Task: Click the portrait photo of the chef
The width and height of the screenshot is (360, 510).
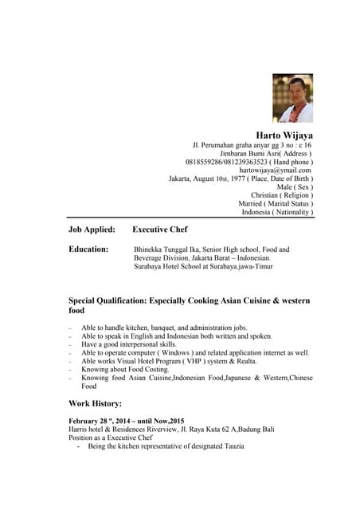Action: point(292,98)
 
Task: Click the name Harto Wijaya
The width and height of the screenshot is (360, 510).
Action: point(284,135)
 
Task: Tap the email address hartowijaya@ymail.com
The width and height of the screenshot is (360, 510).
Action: point(275,170)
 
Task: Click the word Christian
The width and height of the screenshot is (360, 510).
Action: point(264,195)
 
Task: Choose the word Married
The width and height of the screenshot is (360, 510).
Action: point(256,204)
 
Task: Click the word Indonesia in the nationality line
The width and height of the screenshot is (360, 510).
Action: point(257,213)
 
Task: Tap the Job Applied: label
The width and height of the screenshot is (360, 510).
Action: point(92,229)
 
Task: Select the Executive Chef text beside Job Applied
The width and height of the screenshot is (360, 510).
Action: point(160,229)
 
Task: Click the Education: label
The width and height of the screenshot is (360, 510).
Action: point(88,249)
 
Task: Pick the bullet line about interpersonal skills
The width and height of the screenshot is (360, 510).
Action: point(129,344)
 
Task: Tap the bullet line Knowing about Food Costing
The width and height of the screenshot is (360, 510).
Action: point(127,370)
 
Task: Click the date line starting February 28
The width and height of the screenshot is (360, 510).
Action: point(126,421)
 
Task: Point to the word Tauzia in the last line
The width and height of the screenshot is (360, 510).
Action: point(231,446)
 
